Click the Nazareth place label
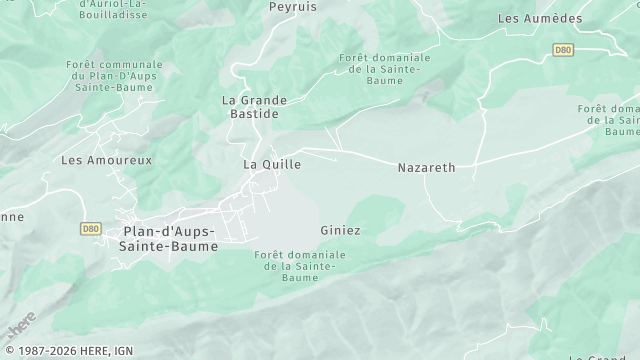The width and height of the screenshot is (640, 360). (x=426, y=168)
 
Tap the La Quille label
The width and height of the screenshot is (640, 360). (x=272, y=163)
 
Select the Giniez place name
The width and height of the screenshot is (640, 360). (x=340, y=230)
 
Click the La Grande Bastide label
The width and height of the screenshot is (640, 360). (x=254, y=107)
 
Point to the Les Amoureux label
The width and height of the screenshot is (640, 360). (x=92, y=160)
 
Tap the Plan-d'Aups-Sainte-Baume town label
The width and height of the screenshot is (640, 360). (x=168, y=238)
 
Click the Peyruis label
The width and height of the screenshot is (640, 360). (x=293, y=6)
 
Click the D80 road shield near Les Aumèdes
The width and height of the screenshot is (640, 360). (x=563, y=48)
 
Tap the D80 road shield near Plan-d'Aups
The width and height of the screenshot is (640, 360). (x=90, y=228)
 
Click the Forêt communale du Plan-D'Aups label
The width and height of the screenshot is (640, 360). (x=110, y=76)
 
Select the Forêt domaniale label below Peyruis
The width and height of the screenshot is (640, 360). (x=385, y=69)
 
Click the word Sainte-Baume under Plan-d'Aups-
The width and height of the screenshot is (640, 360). (x=168, y=245)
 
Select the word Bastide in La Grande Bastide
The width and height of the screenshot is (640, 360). (x=254, y=114)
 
